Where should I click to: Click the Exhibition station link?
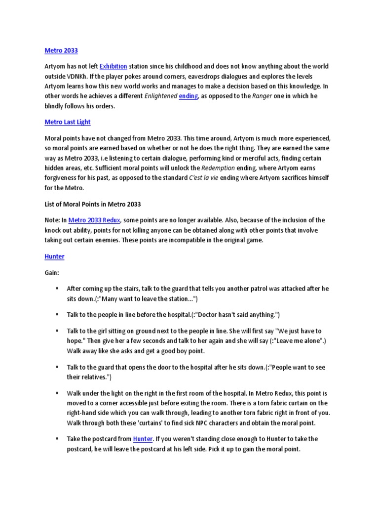pyautogui.click(x=114, y=66)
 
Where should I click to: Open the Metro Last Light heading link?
pyautogui.click(x=68, y=122)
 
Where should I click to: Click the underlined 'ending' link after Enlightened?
pyautogui.click(x=189, y=97)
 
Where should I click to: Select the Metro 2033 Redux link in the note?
pyautogui.click(x=94, y=220)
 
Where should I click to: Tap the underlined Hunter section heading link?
pyautogui.click(x=54, y=256)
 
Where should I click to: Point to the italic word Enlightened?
pyautogui.click(x=160, y=97)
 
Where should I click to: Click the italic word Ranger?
pyautogui.click(x=262, y=97)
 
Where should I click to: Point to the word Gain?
pyautogui.click(x=52, y=272)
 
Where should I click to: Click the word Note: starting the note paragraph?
pyautogui.click(x=52, y=220)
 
